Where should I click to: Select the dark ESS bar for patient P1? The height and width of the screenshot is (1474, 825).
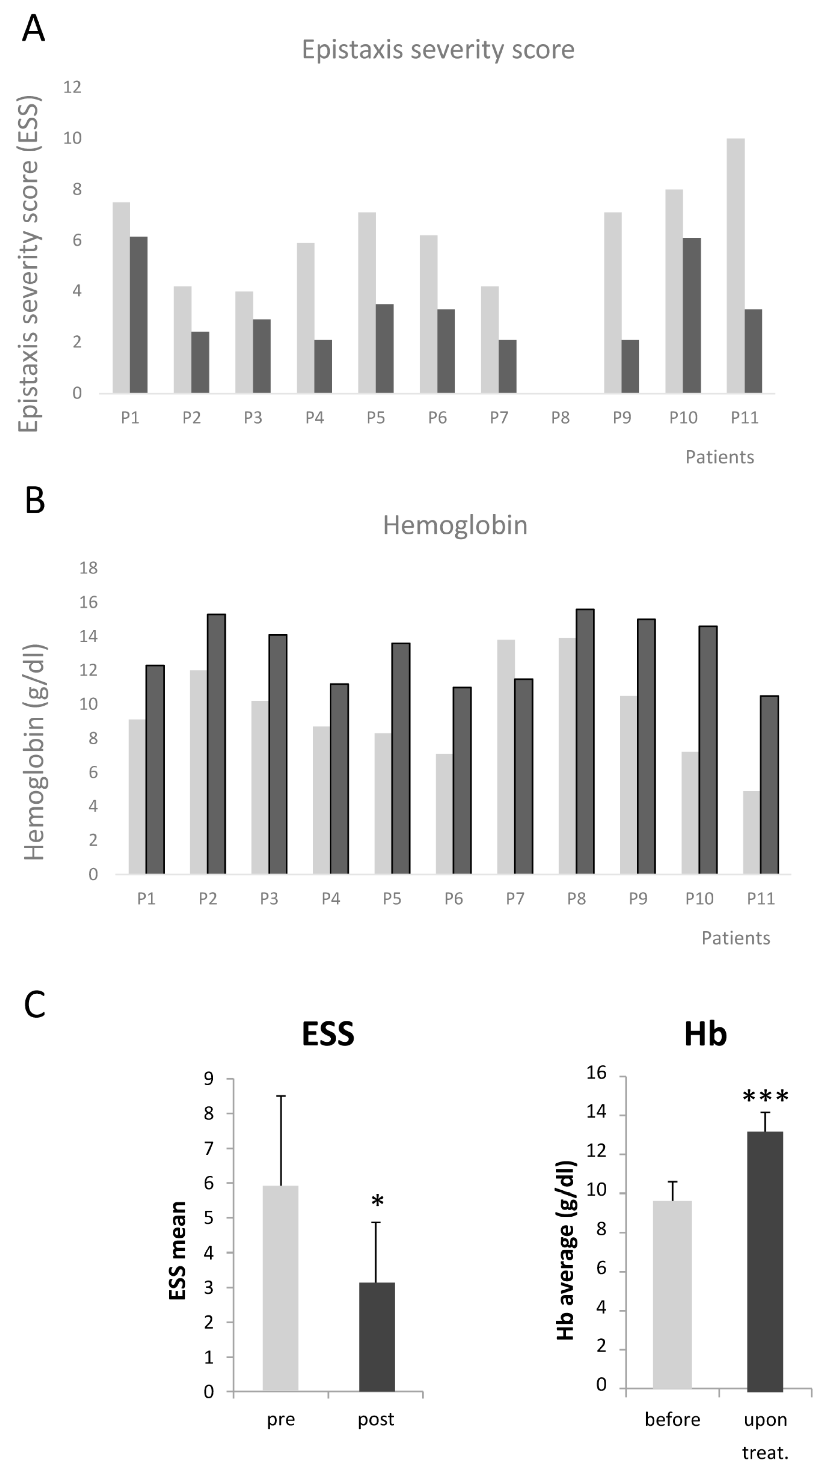138,315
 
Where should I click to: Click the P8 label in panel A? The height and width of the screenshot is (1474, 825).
560,418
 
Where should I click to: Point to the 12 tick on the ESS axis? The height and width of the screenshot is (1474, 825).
73,87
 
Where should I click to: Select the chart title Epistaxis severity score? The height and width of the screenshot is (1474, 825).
438,50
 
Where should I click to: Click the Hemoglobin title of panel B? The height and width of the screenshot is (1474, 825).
455,525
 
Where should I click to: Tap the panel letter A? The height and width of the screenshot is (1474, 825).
33,28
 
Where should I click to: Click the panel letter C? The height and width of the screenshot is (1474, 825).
34,1004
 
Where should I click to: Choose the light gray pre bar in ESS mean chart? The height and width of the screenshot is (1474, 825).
280,1288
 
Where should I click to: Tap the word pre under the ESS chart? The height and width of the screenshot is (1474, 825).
281,1419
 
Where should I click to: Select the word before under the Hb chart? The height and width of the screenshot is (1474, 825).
672,1419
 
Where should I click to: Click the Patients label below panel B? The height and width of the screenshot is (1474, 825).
736,938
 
